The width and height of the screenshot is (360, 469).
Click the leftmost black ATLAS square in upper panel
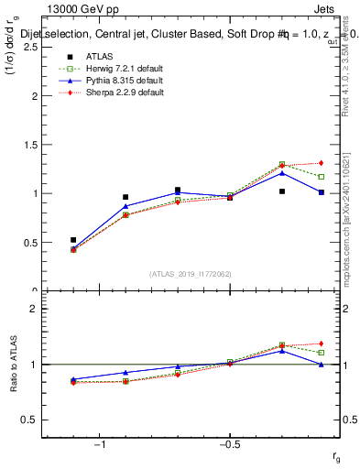(x=73, y=240)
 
